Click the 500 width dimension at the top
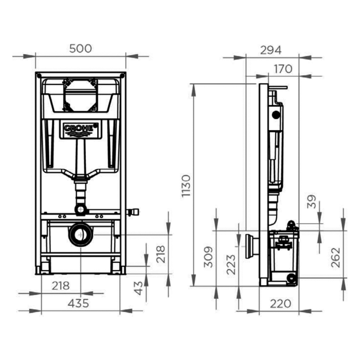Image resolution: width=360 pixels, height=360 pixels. (81, 48)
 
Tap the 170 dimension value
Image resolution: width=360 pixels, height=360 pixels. (282, 68)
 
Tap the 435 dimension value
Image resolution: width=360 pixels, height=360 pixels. (78, 303)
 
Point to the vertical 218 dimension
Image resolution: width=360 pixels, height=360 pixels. (160, 253)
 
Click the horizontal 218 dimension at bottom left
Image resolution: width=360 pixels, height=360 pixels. (60, 285)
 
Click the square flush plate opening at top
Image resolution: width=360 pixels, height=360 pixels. (81, 94)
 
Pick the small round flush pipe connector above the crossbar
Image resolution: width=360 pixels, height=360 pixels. (81, 209)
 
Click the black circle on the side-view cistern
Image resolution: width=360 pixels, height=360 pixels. (275, 115)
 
